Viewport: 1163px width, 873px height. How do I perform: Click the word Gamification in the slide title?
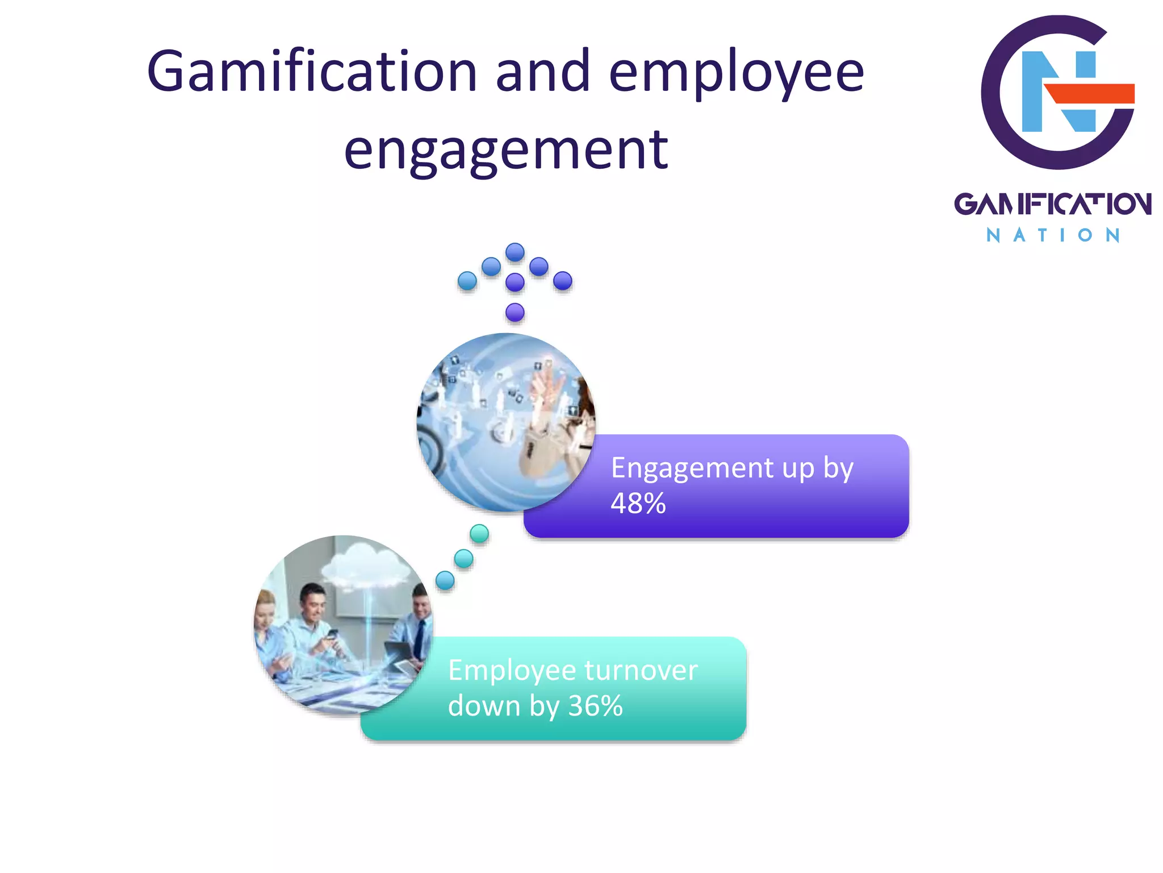tap(312, 72)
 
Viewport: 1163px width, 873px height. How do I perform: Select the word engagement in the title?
tap(506, 150)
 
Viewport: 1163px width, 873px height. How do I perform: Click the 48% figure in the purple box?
tap(638, 504)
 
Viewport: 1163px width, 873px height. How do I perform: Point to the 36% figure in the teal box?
tap(596, 706)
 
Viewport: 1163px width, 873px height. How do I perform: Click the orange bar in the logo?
tap(1090, 93)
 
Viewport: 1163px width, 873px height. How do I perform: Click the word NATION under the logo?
tap(1052, 235)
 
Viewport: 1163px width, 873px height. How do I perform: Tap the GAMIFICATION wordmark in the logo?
tap(1052, 204)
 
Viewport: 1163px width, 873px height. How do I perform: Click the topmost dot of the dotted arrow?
tap(515, 252)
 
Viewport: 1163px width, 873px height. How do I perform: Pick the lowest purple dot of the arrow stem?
tap(515, 312)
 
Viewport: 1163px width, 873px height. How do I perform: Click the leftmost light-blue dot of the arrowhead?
tap(467, 281)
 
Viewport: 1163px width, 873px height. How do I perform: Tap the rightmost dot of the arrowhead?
tap(563, 281)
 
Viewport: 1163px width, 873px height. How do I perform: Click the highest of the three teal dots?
tap(479, 534)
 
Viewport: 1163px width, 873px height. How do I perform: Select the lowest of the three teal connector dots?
tap(445, 580)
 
